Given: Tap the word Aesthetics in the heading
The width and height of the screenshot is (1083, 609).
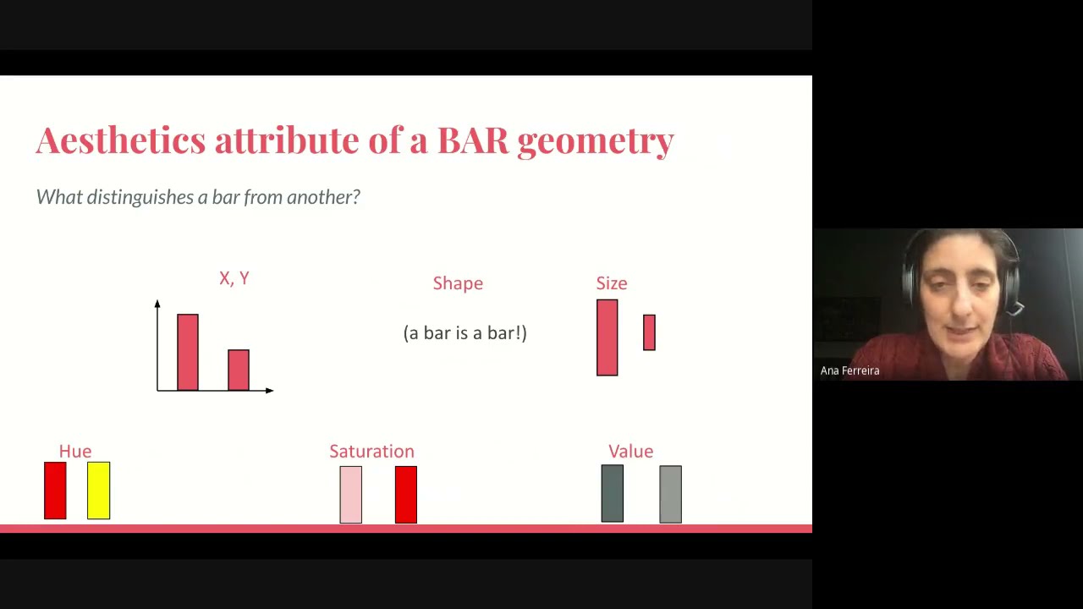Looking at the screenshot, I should coord(120,140).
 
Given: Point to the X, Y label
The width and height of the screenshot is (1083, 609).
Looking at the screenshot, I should coord(234,278).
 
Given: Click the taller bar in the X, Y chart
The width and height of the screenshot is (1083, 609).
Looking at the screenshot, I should coord(188,352).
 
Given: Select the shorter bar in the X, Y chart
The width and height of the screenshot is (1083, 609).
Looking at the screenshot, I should coord(239,370).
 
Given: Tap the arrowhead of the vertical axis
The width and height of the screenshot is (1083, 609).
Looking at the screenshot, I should coord(157,304).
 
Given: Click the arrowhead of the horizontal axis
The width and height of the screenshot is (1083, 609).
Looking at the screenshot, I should coord(269,390).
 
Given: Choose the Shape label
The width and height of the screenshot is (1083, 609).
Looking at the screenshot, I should coord(458,283).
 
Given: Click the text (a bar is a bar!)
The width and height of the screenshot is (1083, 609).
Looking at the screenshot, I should coord(465,332).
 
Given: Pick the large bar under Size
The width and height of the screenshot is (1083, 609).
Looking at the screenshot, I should coord(607,337).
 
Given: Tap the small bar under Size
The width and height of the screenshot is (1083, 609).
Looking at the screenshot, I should coord(649,332).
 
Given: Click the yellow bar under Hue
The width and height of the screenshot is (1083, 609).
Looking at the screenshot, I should coord(98,491).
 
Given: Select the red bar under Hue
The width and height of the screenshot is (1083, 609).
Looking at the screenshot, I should coord(55,491).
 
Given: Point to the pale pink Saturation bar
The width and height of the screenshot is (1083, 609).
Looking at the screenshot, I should coord(350,495).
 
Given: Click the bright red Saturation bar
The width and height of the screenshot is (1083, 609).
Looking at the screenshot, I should coord(405,495).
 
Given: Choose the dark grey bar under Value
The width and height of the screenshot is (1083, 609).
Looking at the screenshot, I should coord(612,494).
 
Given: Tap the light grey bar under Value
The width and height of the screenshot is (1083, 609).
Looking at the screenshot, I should coord(670,494).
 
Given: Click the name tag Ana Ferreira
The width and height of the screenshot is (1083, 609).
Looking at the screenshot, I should coord(849,370).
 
